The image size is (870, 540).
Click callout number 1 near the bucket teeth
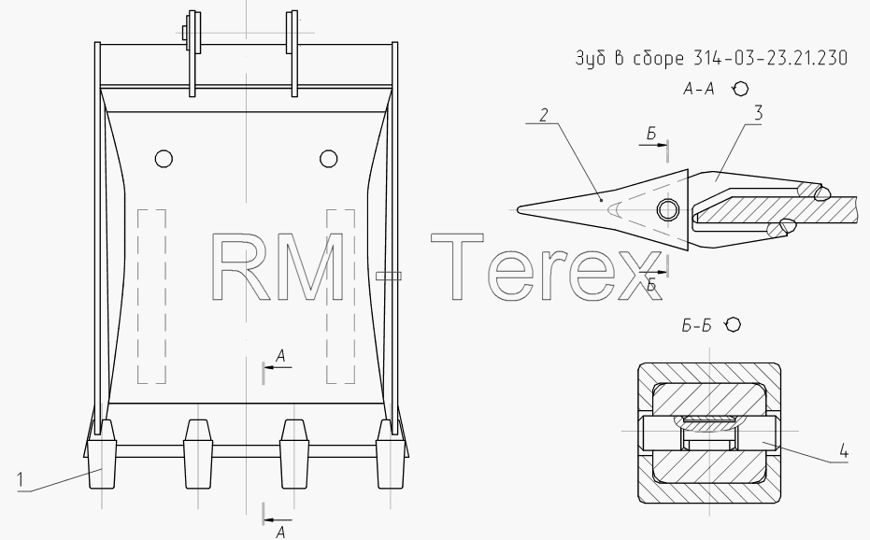click(21, 479)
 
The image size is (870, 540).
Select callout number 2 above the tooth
click(544, 115)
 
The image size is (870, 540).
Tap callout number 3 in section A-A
click(757, 113)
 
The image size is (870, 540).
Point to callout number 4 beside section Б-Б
click(843, 450)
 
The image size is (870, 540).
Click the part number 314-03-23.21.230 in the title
click(770, 58)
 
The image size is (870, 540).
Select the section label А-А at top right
click(699, 89)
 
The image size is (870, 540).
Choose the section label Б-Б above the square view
click(696, 325)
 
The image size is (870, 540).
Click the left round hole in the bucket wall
click(164, 159)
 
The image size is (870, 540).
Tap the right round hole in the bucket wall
click(329, 159)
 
